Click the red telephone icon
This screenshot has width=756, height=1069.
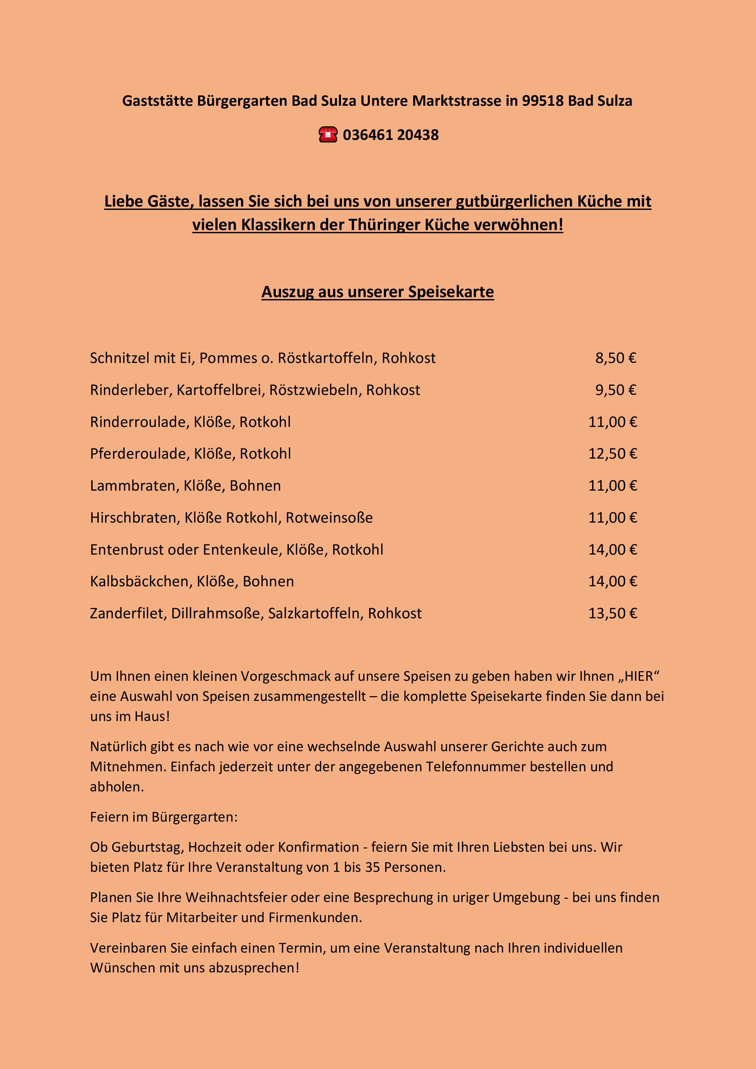point(328,135)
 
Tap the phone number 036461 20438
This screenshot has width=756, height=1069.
point(391,135)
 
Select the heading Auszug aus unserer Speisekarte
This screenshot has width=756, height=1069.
point(378,292)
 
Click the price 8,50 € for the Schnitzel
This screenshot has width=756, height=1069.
point(616,358)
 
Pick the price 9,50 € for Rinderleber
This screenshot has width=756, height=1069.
point(616,390)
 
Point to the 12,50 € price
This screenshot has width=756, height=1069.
point(612,453)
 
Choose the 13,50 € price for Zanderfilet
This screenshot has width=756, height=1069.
point(612,613)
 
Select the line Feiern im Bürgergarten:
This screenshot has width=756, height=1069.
point(164,817)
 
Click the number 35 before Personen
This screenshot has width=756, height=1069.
point(372,867)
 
